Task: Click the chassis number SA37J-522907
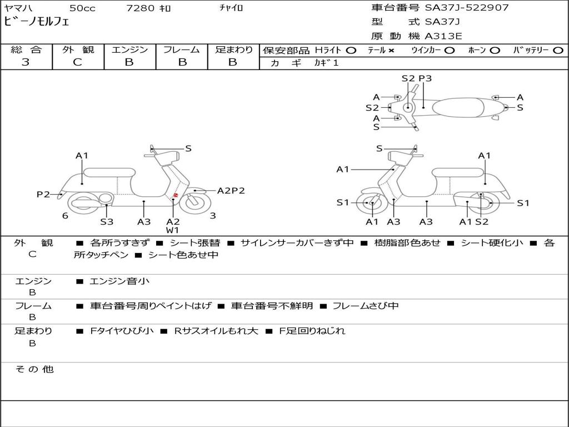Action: (467, 8)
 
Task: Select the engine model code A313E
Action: (443, 36)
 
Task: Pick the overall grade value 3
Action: (26, 62)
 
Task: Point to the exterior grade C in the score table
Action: (78, 62)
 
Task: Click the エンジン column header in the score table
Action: (129, 49)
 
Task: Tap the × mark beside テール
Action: (391, 50)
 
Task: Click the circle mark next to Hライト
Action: (351, 50)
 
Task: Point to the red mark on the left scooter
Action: (176, 194)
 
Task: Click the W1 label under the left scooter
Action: (173, 230)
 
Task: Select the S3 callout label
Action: (107, 222)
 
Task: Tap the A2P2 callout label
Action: (231, 191)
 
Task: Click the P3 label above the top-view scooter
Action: (425, 78)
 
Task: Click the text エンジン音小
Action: (119, 281)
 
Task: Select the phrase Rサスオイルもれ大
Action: (216, 331)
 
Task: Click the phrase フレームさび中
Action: (366, 306)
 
